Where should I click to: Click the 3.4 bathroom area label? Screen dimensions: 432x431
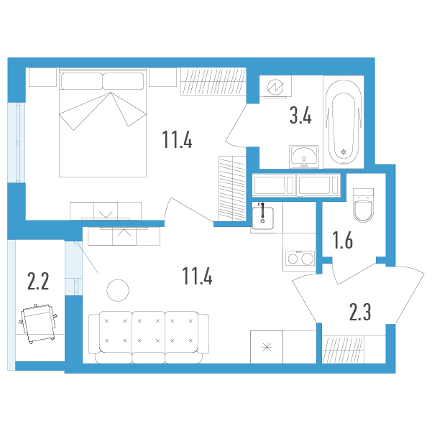pos(300,116)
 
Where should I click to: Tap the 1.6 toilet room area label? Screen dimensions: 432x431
pos(342,240)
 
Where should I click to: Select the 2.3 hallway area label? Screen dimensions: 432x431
pos(360,312)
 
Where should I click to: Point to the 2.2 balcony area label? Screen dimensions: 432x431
pos(38,281)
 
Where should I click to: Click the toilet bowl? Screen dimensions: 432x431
pos(364,205)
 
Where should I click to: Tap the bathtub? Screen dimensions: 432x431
pos(344,122)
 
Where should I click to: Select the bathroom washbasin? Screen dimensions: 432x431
pos(304,157)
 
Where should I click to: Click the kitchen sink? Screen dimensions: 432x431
pos(262,218)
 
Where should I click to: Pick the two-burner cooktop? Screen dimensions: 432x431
pos(300,258)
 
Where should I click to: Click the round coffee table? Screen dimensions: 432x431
pos(118,290)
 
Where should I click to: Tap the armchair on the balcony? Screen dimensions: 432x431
pos(39,323)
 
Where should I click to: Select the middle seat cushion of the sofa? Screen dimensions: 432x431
pos(149,332)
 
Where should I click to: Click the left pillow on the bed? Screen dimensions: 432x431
pos(82,81)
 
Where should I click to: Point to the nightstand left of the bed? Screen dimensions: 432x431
pos(42,77)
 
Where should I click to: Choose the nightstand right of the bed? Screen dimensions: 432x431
pos(162,77)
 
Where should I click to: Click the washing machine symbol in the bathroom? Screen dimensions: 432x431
pos(275,86)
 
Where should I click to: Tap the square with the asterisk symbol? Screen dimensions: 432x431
pos(267,347)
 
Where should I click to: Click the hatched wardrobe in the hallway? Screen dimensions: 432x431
pos(343,350)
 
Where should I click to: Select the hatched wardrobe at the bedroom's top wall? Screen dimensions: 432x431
pos(213,81)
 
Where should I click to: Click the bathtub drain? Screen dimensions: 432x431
pos(344,152)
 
